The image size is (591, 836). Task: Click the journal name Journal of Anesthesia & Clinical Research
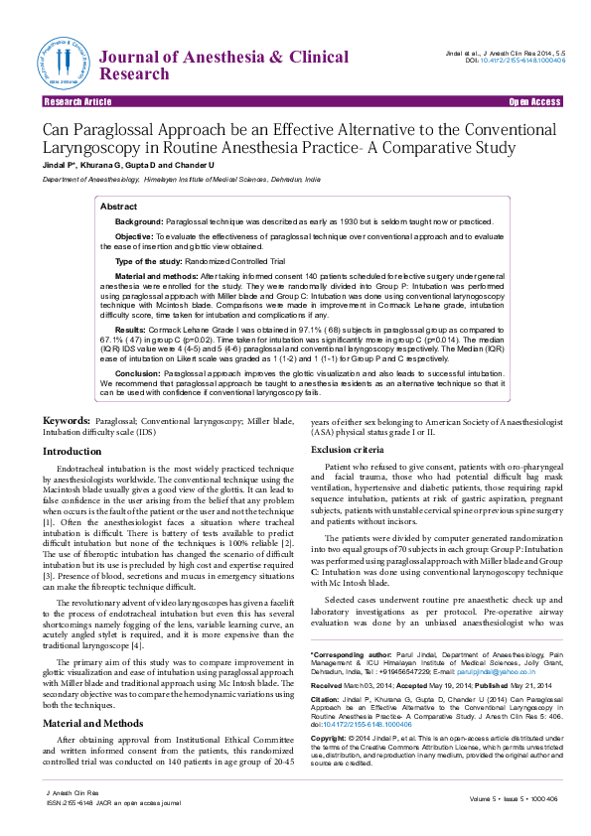click(x=197, y=67)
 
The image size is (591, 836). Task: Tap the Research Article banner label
click(x=77, y=102)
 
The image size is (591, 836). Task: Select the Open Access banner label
click(x=534, y=102)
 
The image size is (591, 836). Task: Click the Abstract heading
click(x=119, y=206)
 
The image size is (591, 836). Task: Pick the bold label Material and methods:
click(x=162, y=275)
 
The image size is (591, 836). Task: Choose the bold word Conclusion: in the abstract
click(x=138, y=372)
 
